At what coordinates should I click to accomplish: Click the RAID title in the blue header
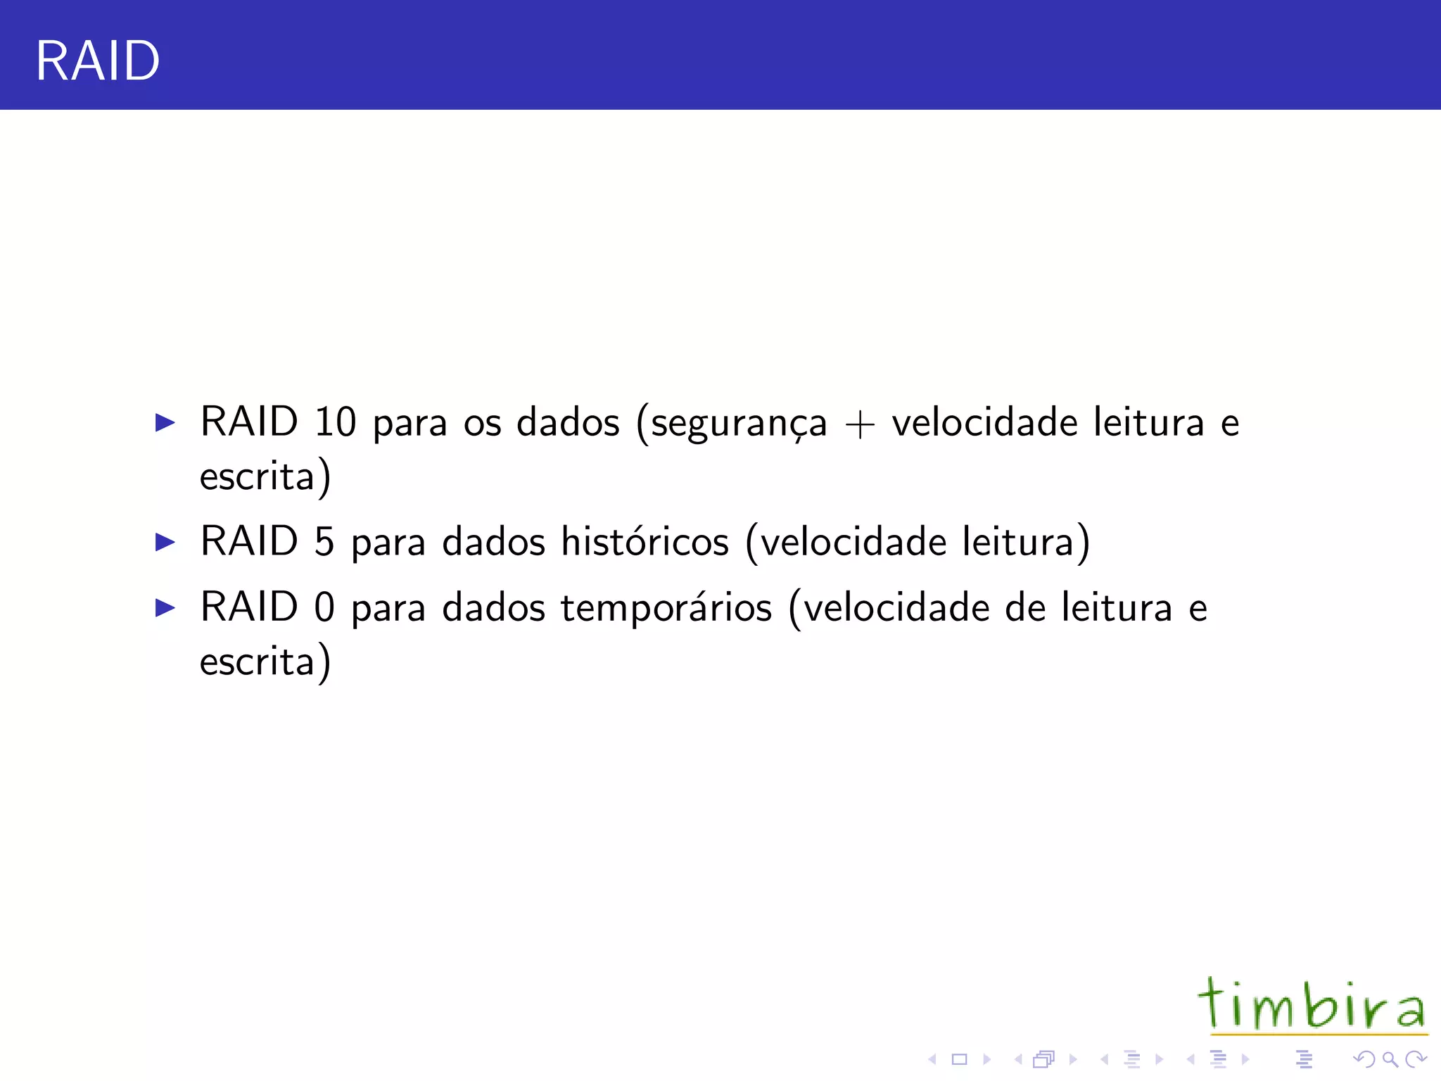point(97,61)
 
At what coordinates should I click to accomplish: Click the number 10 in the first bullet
point(335,422)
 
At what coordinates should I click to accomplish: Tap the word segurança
point(738,424)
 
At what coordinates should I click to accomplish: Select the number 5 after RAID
point(324,542)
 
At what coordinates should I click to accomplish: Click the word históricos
point(645,542)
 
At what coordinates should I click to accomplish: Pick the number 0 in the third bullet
point(324,607)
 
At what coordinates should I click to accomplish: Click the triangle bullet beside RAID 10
point(165,423)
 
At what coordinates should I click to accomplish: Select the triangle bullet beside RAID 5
point(165,543)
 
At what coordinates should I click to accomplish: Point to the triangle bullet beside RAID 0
point(165,608)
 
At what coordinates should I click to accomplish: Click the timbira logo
point(1312,1005)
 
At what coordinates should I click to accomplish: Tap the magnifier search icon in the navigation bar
point(1389,1059)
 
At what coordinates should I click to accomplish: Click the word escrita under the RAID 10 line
point(257,477)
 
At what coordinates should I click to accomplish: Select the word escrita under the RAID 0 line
point(257,662)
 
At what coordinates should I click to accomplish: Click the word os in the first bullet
point(482,424)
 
